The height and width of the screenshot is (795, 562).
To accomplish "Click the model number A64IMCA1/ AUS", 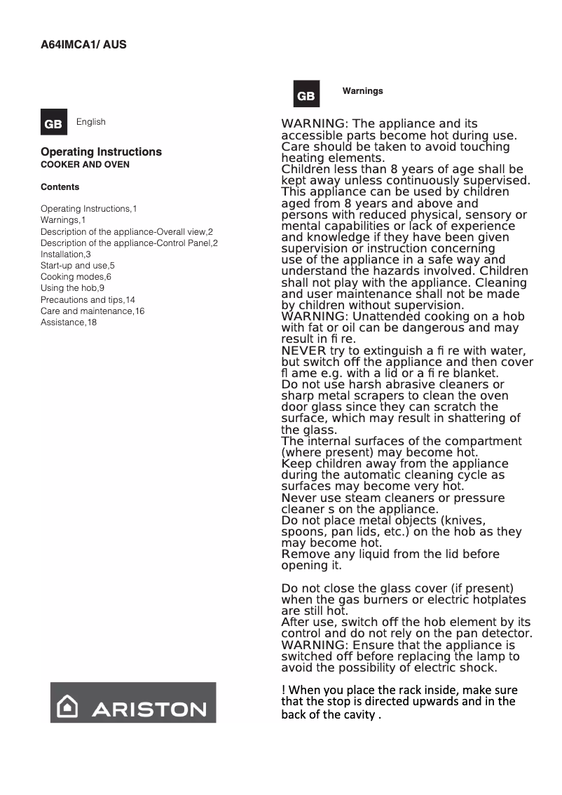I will tap(83, 45).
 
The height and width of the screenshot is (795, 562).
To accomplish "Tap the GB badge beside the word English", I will tap(53, 123).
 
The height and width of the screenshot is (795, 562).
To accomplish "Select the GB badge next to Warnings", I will tap(306, 95).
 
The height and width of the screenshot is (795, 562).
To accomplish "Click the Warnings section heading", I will tap(362, 91).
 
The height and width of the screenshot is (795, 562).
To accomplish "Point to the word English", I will tap(91, 122).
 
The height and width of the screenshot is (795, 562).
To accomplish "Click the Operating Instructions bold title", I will tap(101, 152).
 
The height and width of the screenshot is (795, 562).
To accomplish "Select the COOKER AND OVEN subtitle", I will tap(85, 165).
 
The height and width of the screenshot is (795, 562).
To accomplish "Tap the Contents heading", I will tap(60, 187).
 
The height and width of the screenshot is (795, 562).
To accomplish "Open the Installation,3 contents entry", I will tap(66, 254).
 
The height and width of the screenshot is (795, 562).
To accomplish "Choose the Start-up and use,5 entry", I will tap(77, 266).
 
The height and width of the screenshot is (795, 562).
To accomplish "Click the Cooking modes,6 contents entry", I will tap(76, 277).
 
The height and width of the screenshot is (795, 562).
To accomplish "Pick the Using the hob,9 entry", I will tap(72, 288).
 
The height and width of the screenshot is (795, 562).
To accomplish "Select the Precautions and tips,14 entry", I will tap(88, 299).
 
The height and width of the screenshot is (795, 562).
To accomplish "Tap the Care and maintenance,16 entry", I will tap(92, 311).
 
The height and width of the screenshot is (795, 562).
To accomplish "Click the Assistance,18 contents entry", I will tap(69, 322).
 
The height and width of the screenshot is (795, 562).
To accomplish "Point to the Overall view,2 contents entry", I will tap(126, 232).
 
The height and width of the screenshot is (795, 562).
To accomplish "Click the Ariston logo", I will tap(133, 702).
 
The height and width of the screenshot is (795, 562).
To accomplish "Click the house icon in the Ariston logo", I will tap(68, 707).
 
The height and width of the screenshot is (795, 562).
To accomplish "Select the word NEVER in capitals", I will tap(303, 351).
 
